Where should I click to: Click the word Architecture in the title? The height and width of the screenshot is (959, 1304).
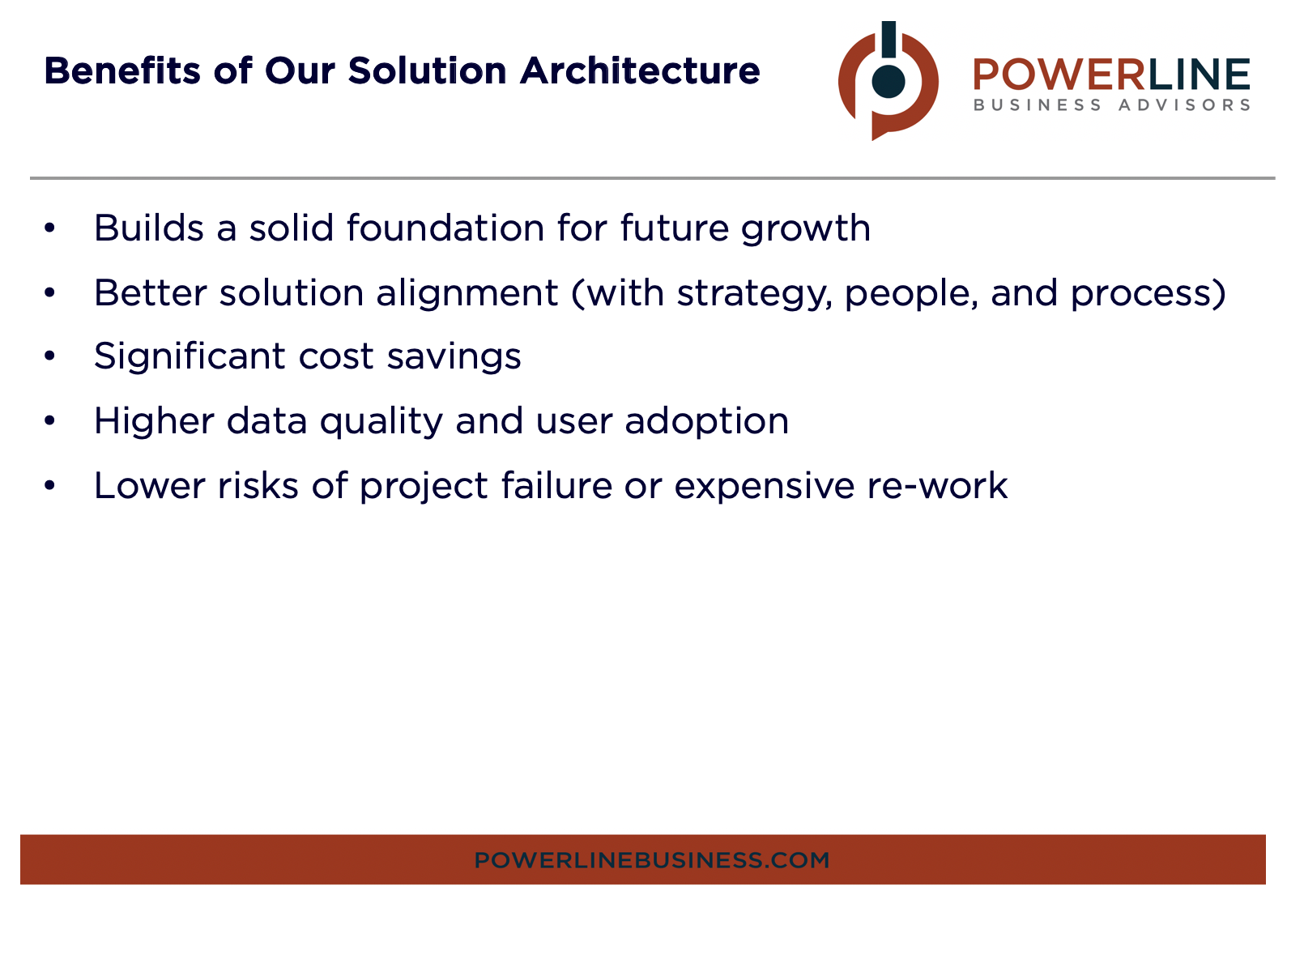tap(640, 71)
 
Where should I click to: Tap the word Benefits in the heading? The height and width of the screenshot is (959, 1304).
tap(121, 71)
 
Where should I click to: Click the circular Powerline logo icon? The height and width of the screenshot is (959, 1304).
tap(888, 81)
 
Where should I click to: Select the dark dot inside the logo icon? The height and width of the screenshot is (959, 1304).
tap(888, 82)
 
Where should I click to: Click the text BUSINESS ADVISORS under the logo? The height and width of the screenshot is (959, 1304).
tap(1111, 105)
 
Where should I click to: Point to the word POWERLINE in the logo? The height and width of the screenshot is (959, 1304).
tap(1111, 75)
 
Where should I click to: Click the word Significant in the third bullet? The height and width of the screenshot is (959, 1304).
tap(190, 357)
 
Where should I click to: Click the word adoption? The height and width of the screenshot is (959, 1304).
tap(706, 422)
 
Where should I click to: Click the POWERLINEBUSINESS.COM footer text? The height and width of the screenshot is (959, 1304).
tap(651, 860)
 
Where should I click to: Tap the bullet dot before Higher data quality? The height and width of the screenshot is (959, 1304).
tap(49, 421)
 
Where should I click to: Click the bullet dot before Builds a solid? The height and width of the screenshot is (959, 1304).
tap(49, 228)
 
